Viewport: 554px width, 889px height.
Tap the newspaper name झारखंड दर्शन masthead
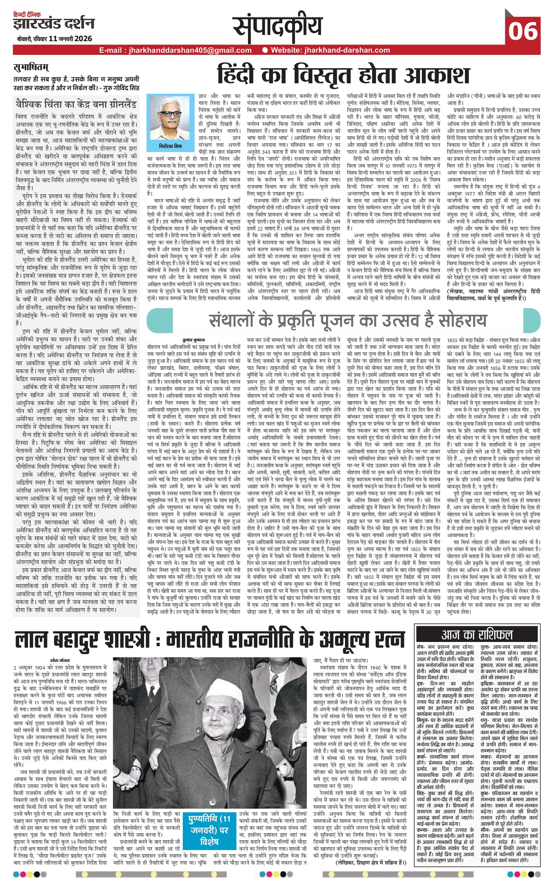54,24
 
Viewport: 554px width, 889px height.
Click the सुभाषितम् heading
31,67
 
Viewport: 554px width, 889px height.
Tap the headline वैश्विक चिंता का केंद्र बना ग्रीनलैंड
76,104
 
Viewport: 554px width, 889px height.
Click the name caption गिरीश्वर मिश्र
171,146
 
